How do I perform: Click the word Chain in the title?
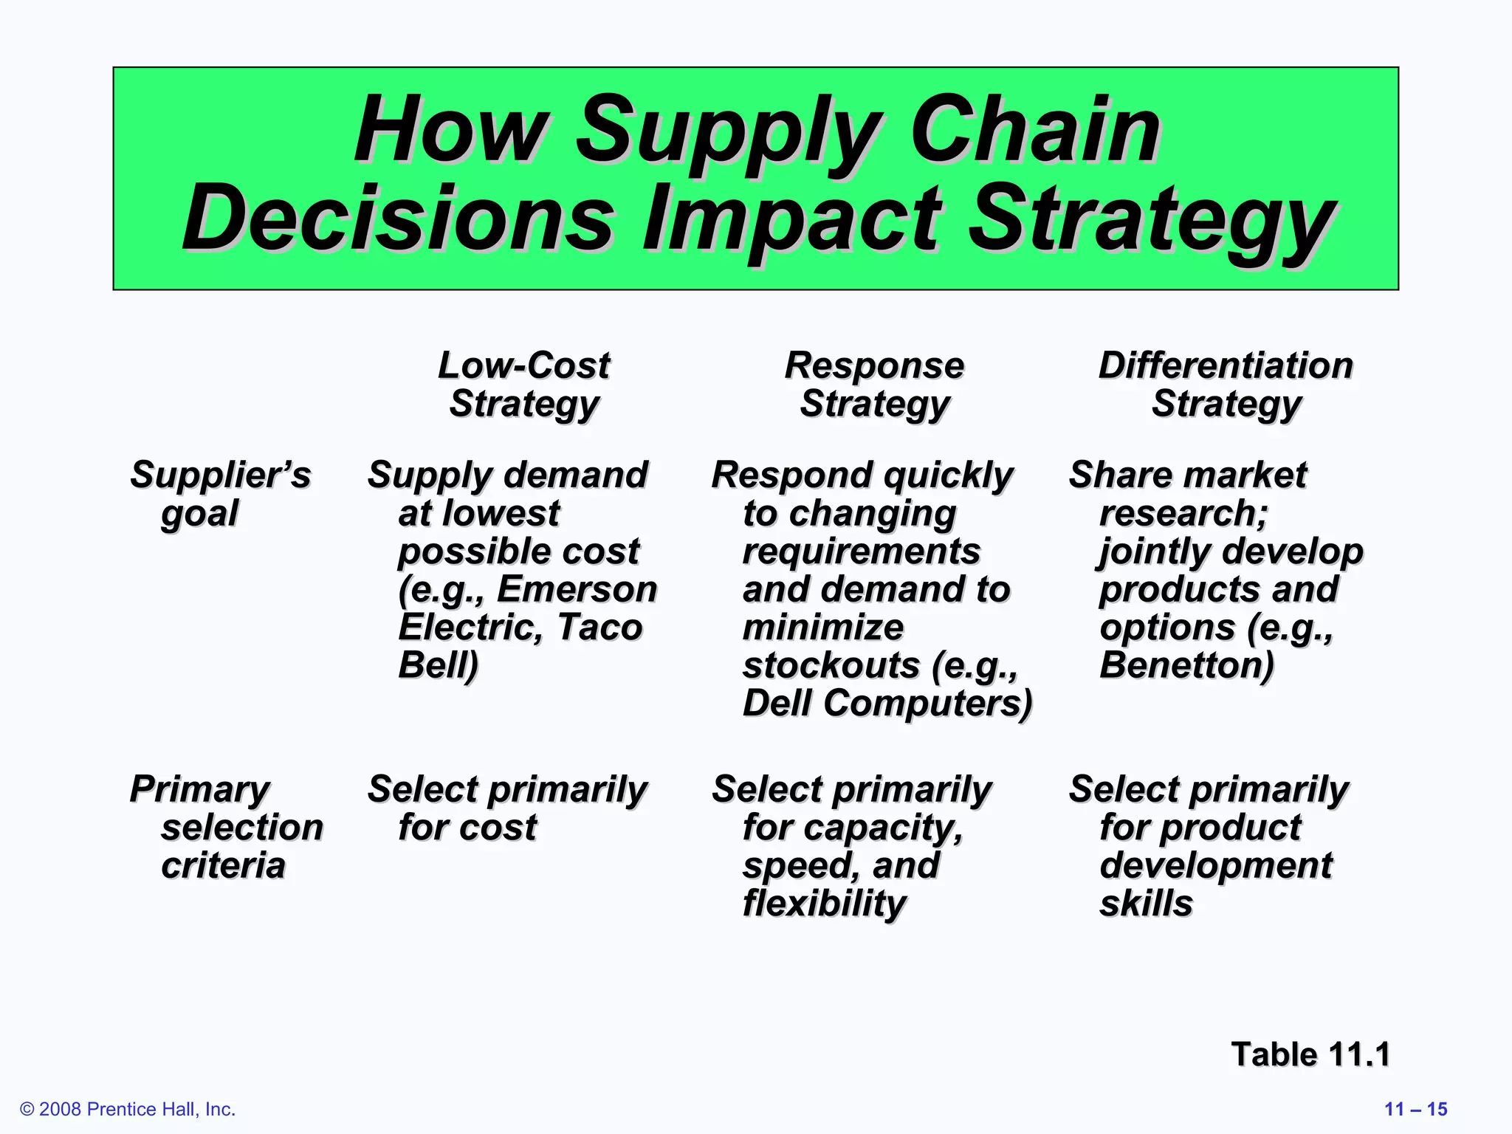coord(1035,130)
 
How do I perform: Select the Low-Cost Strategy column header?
coord(524,385)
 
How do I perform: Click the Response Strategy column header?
coord(874,385)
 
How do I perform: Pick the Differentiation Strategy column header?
coord(1226,385)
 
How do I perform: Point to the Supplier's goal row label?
coord(220,493)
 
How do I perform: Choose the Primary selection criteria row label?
coord(226,826)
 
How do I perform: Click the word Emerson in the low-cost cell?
coord(577,589)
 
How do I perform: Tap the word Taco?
coord(599,627)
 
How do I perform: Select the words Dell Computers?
coord(886,703)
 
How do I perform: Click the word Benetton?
coord(1186,664)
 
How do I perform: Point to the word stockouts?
coord(831,665)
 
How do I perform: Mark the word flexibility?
coord(824,903)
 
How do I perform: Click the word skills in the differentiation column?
coord(1146,903)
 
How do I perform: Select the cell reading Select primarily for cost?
coord(506,808)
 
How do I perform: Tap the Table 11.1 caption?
coord(1310,1054)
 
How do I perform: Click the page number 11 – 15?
coord(1415,1109)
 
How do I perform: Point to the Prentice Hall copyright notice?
coord(128,1109)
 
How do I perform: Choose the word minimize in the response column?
coord(822,628)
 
